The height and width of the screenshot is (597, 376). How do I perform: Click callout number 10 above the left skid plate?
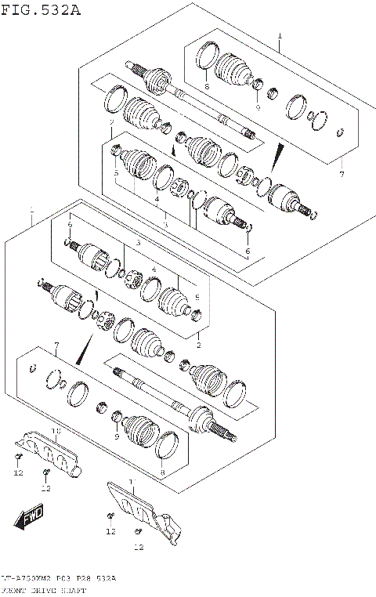coord(56,431)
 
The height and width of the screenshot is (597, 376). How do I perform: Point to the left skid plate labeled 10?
coord(52,451)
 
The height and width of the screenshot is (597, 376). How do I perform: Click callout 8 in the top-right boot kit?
coord(207,86)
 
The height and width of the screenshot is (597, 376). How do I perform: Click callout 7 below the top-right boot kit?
coord(341,174)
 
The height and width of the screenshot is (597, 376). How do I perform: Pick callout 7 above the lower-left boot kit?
coord(56,346)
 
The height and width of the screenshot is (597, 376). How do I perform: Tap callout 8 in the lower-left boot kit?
coord(162,472)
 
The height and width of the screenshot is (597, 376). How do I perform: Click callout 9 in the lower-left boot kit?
coord(117,436)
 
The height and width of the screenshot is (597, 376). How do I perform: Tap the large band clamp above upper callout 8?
coord(206,57)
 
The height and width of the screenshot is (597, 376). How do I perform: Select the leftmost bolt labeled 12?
coord(17,456)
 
